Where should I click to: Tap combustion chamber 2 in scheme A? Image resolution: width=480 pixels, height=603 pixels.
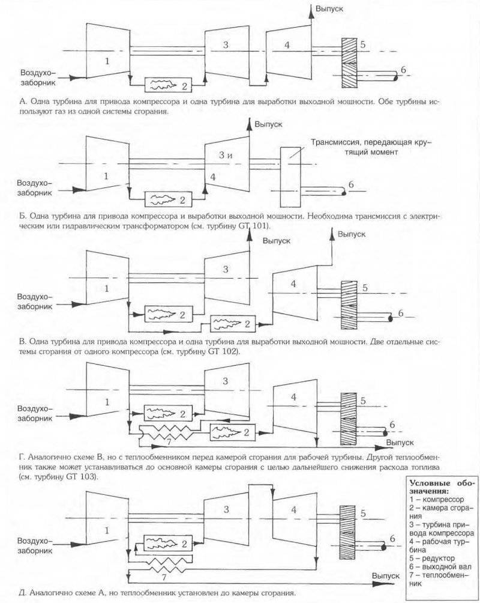coord(169,85)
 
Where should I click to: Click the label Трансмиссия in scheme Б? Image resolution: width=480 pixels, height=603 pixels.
coord(336,144)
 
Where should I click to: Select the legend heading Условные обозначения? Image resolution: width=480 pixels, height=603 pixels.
coord(441,486)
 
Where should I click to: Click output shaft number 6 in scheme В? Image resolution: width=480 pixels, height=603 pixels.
coord(401,313)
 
